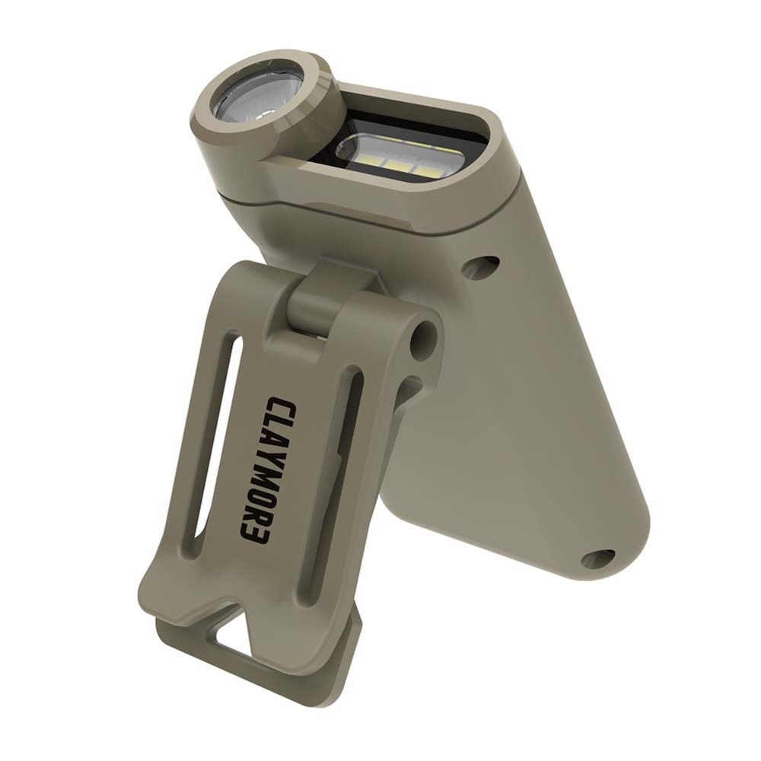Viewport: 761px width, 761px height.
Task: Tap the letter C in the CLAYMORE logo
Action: click(x=279, y=406)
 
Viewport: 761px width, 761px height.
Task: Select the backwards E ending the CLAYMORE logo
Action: click(x=254, y=534)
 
